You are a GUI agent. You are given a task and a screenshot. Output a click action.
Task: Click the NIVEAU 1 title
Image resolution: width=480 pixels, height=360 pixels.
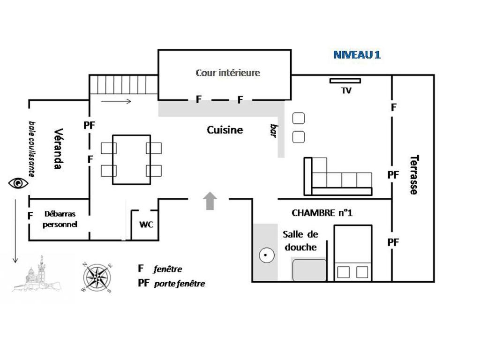point(357,55)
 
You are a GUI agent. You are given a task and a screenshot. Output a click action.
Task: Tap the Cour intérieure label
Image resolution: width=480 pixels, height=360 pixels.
point(227,73)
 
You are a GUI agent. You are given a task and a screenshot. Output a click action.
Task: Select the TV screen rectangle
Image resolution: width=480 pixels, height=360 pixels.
point(345,81)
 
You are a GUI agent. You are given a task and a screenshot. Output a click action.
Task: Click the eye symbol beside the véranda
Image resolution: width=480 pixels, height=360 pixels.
point(18,183)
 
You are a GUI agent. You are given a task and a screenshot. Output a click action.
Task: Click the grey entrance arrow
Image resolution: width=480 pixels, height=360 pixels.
point(210,201)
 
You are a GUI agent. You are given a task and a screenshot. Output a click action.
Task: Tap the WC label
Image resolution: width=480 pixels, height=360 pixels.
point(146,225)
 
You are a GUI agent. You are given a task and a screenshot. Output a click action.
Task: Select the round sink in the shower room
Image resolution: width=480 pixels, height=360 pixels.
point(266,255)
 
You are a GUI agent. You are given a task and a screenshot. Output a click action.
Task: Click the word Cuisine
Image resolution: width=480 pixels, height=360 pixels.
point(225,130)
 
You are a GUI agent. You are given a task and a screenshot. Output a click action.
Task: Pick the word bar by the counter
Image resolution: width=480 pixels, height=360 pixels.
point(274,130)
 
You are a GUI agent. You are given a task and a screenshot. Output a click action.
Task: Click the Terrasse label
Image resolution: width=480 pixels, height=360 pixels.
point(413,174)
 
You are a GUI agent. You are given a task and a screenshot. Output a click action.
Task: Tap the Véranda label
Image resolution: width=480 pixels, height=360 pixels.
point(58,149)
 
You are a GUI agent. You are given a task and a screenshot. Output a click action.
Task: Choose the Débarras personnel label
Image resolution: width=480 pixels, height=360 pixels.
point(60,219)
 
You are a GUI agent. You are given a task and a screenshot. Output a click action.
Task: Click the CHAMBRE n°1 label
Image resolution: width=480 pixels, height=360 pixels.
point(322,213)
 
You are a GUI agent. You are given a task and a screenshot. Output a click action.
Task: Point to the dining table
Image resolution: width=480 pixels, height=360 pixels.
point(131,159)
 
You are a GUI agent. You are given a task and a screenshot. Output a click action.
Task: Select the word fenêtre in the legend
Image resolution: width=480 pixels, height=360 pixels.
point(167,269)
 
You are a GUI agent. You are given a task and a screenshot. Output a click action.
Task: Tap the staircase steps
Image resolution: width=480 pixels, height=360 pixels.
point(123,85)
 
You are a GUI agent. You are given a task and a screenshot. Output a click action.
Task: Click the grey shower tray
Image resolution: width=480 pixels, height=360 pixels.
point(309,270)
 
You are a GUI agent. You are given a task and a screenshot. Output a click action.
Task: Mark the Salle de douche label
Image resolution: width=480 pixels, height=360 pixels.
point(300,240)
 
